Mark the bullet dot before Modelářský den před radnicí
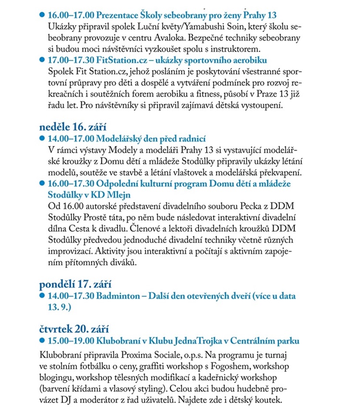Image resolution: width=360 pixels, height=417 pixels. click(x=41, y=139)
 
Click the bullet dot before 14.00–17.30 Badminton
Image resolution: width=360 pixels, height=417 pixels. click(x=41, y=296)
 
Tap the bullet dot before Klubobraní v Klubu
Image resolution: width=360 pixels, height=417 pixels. click(x=41, y=341)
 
